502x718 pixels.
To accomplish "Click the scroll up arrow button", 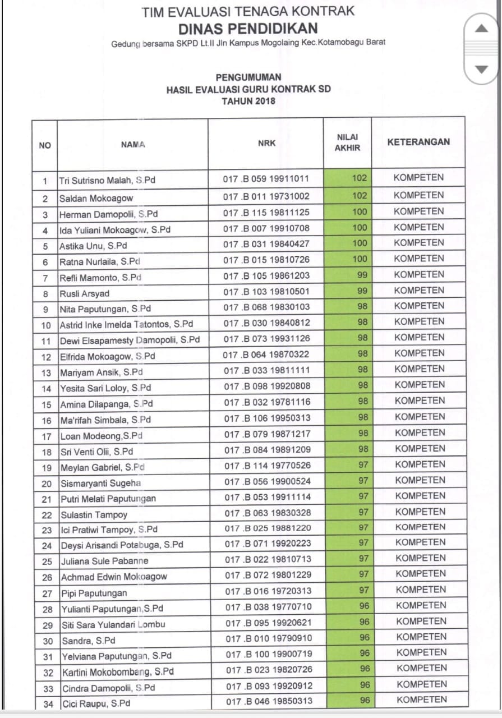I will [482, 29].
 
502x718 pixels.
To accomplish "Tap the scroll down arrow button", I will [482, 70].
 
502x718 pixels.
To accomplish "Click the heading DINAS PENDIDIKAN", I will [248, 29].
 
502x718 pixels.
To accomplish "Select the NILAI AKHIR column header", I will [347, 142].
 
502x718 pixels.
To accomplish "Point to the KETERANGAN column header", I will [418, 142].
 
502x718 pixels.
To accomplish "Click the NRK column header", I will [266, 143].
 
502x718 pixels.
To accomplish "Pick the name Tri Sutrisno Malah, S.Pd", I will [107, 181].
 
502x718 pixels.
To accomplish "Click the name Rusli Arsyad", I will [85, 293].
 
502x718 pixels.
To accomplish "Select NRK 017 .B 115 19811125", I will [266, 213].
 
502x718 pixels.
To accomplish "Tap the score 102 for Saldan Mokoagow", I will [359, 196].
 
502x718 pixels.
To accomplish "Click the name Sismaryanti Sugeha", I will [101, 483].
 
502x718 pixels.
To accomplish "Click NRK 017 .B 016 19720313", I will [267, 591].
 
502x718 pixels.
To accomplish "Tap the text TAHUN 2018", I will [248, 102].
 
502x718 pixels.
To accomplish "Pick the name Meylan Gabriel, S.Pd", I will [102, 467].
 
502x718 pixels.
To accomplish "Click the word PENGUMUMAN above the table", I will [248, 77].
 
